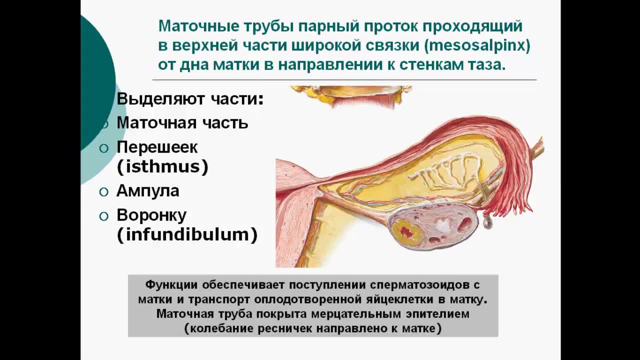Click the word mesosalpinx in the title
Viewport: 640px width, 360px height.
pyautogui.click(x=477, y=46)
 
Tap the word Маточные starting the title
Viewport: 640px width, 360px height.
pyautogui.click(x=198, y=26)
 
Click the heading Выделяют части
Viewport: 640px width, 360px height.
pyautogui.click(x=189, y=99)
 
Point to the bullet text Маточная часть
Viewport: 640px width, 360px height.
pyautogui.click(x=182, y=123)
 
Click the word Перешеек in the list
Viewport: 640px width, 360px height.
pyautogui.click(x=157, y=147)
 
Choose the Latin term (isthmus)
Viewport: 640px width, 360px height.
pyautogui.click(x=162, y=166)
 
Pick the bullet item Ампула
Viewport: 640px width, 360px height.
pyautogui.click(x=147, y=190)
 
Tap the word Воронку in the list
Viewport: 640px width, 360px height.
pyautogui.click(x=151, y=215)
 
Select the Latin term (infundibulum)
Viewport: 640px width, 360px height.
pyautogui.click(x=187, y=235)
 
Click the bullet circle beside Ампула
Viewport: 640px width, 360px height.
pyautogui.click(x=103, y=192)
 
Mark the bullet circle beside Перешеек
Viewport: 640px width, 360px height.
pyautogui.click(x=103, y=148)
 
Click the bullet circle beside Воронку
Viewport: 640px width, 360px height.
pyautogui.click(x=103, y=216)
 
